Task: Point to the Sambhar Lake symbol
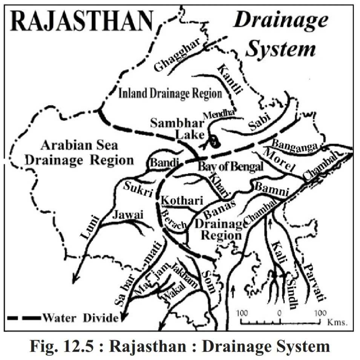pyautogui.click(x=215, y=141)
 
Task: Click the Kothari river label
pyautogui.click(x=182, y=200)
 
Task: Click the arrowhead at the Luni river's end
pyautogui.click(x=75, y=279)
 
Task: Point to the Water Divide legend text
pyautogui.click(x=80, y=318)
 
